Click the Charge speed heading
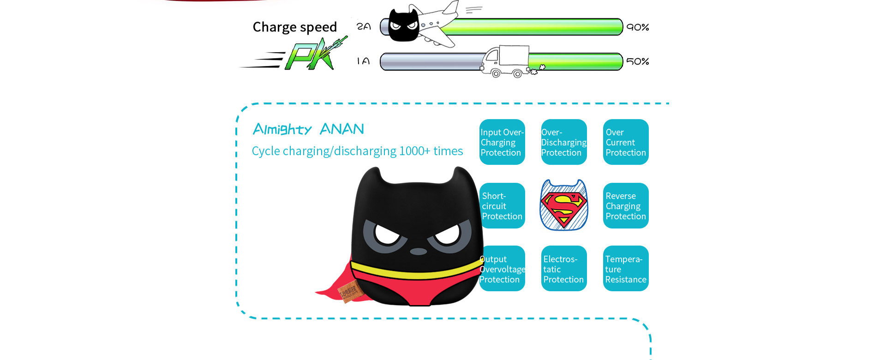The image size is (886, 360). [x=295, y=27]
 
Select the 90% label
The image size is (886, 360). [x=638, y=27]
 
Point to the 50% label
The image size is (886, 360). [x=638, y=61]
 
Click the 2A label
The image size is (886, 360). [x=364, y=27]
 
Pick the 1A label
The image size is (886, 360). [x=364, y=61]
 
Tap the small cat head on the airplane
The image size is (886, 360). [x=404, y=25]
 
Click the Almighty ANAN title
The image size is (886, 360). [x=309, y=129]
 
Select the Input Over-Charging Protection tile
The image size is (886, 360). [x=502, y=142]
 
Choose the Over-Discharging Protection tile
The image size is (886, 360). [x=564, y=142]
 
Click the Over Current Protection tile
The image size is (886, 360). [x=626, y=142]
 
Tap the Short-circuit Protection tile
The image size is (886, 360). [x=502, y=206]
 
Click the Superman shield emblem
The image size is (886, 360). [x=564, y=205]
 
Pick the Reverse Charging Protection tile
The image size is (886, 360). [x=626, y=206]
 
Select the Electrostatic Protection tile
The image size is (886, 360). [x=564, y=269]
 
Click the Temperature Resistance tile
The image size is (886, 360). [x=626, y=269]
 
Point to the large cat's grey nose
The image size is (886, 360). [x=419, y=252]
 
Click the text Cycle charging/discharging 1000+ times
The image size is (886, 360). [x=358, y=151]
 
